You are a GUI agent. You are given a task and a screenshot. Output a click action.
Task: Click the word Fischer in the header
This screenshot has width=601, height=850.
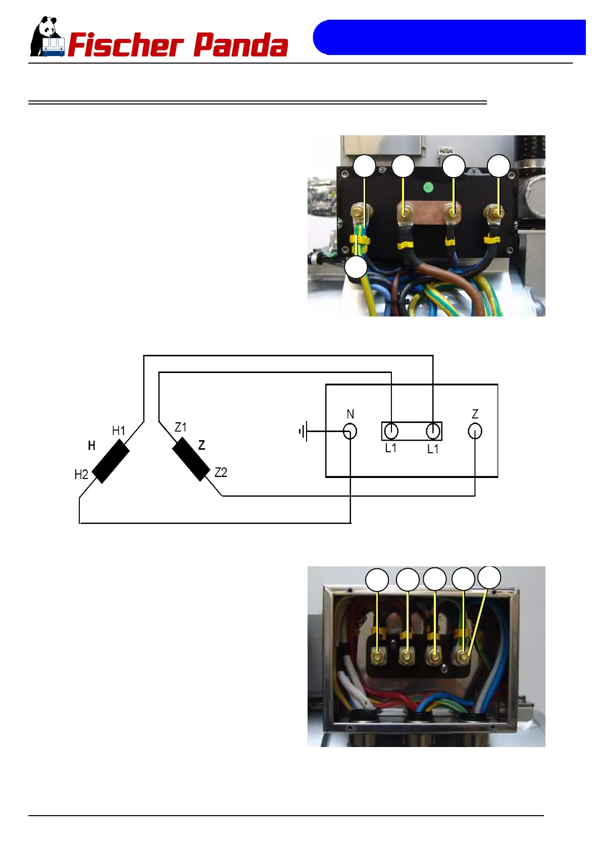coord(125,45)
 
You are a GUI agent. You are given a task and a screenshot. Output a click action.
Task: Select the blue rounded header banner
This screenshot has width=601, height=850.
coord(448,37)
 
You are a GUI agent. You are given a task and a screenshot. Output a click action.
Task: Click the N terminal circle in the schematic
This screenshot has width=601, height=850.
coord(350,431)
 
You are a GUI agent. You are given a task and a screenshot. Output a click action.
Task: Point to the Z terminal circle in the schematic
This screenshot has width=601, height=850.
coord(475,431)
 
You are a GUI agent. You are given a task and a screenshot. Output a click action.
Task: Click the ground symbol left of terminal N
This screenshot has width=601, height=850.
coord(303,432)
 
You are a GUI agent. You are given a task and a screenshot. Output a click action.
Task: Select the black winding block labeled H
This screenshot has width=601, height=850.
coord(111,461)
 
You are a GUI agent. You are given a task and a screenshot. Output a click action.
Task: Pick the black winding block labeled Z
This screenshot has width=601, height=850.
coord(191,459)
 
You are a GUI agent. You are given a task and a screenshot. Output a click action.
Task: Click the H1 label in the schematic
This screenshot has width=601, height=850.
coord(119,431)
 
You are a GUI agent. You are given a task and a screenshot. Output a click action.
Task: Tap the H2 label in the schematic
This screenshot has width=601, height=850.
coord(81,474)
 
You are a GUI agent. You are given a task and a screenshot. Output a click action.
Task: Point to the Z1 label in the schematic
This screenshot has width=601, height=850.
coord(180,428)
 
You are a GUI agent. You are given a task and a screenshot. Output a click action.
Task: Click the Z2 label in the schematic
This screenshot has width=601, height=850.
coord(221,472)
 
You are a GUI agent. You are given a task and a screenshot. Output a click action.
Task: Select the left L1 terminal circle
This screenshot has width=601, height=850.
coord(391,431)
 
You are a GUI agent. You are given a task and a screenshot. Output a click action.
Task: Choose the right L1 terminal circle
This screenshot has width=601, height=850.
coord(433,431)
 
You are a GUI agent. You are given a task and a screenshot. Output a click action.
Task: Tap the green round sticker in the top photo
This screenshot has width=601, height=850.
coord(428,188)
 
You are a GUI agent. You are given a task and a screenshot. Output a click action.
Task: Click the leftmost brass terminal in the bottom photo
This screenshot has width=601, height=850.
coord(377,656)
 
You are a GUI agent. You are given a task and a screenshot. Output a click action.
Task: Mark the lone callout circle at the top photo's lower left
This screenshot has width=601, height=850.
coord(356,268)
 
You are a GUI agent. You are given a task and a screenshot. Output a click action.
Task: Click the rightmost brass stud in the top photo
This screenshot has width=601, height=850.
coord(497,214)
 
